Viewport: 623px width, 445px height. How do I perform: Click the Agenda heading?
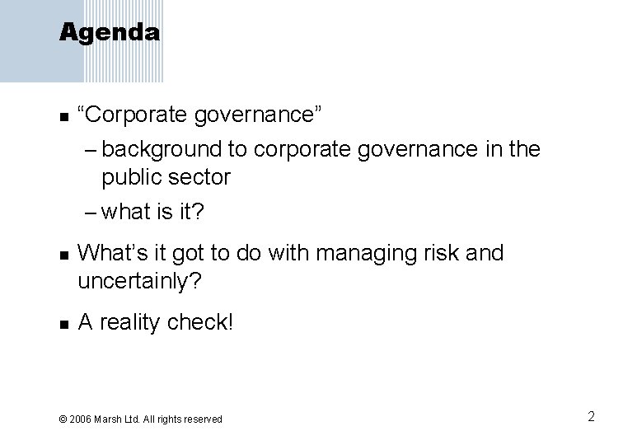coord(110,33)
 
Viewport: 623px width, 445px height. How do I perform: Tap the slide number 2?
coord(591,416)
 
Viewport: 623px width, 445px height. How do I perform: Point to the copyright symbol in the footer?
coord(63,419)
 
